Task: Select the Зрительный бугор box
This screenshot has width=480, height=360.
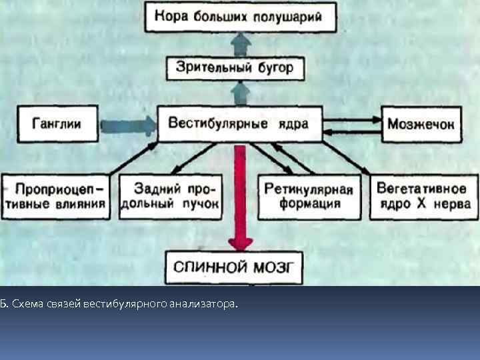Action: (234, 67)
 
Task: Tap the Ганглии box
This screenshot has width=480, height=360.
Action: (57, 124)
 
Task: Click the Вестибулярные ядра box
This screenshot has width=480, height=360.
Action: (239, 124)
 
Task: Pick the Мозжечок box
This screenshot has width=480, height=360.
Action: (421, 124)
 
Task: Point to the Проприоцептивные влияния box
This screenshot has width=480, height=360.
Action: (56, 196)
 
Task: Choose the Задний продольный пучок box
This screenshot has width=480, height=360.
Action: (171, 196)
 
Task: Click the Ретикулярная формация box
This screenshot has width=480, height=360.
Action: (307, 196)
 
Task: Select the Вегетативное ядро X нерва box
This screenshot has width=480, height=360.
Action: (423, 196)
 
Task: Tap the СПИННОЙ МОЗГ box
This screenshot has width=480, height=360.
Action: (233, 268)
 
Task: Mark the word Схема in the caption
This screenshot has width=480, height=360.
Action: (27, 304)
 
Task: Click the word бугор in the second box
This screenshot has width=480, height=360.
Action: (274, 68)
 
